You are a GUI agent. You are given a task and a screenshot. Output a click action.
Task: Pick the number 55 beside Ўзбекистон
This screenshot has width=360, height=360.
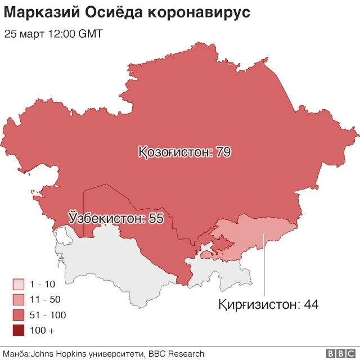(156, 218)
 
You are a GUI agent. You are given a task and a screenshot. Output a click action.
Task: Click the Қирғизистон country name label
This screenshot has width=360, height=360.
(259, 304)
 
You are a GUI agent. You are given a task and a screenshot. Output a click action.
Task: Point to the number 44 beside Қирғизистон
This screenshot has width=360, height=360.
(311, 304)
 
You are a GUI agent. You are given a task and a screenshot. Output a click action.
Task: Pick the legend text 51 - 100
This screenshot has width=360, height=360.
(48, 315)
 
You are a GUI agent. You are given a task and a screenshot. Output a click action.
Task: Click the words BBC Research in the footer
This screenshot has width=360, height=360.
(175, 354)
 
